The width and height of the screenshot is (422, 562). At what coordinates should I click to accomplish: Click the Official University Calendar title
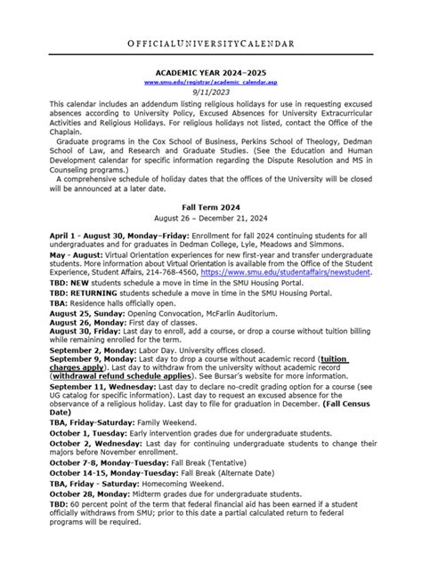(x=211, y=43)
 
